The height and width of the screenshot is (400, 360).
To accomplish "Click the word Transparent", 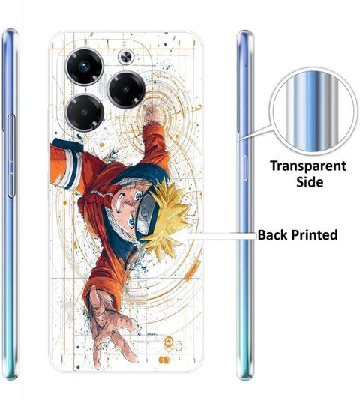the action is coord(308,166).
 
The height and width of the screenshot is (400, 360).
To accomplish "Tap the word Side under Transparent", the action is coord(310,181).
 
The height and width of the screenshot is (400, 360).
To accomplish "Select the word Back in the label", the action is coord(272,234).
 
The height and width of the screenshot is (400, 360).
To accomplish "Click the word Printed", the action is coord(314,234).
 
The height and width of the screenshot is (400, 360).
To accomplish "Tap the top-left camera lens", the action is coord(85,67).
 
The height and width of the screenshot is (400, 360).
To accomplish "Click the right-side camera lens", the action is coord(126,89).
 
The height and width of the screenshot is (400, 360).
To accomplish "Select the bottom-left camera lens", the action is coord(85,112).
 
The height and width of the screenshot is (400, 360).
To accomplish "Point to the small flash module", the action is coord(126,57).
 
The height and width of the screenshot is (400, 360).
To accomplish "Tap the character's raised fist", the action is coord(152,115).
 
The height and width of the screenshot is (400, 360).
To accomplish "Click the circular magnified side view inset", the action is coord(313,111).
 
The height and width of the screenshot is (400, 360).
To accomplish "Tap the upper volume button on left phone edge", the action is coord(11,139).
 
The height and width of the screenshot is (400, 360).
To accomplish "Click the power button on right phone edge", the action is coord(245,168).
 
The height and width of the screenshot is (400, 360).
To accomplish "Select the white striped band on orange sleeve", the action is coord(73,169).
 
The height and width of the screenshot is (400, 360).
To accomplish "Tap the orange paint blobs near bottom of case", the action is coord(164,360).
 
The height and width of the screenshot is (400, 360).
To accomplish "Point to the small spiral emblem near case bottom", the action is coord(168,341).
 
